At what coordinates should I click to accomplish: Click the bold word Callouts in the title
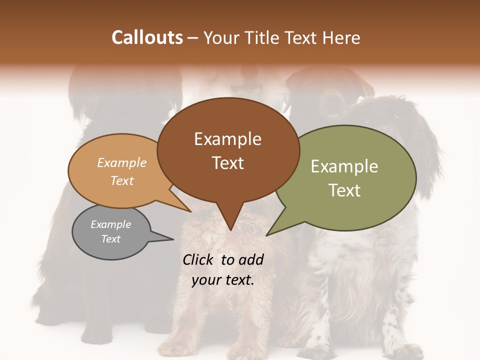147,37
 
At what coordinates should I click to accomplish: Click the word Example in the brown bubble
227,138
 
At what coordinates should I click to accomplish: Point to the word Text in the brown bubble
227,162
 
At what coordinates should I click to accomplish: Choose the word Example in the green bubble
344,166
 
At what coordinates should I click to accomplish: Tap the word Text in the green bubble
344,190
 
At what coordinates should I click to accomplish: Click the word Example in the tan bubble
122,162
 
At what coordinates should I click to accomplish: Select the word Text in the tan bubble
122,180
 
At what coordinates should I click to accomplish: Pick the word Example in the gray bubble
110,224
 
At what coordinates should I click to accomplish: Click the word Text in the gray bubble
110,239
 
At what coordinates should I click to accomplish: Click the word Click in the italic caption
199,259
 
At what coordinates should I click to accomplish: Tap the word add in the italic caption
251,259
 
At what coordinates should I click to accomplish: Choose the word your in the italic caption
206,280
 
